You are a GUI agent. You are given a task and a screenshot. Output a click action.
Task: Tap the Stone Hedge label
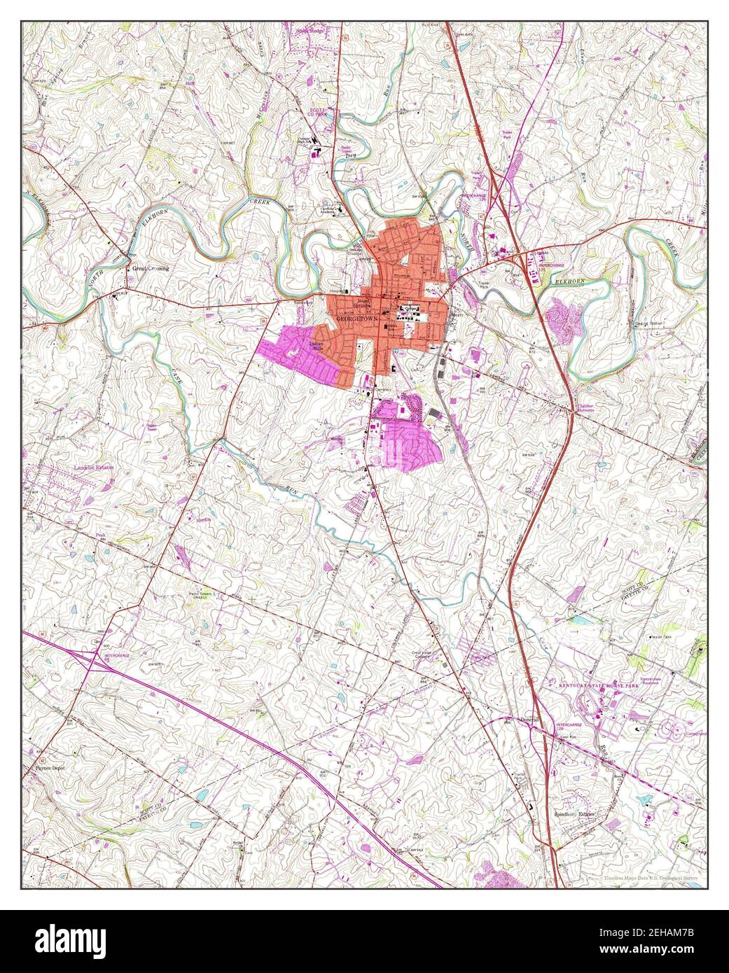click(x=312, y=31)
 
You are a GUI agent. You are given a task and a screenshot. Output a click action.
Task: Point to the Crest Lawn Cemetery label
click(x=420, y=654)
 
